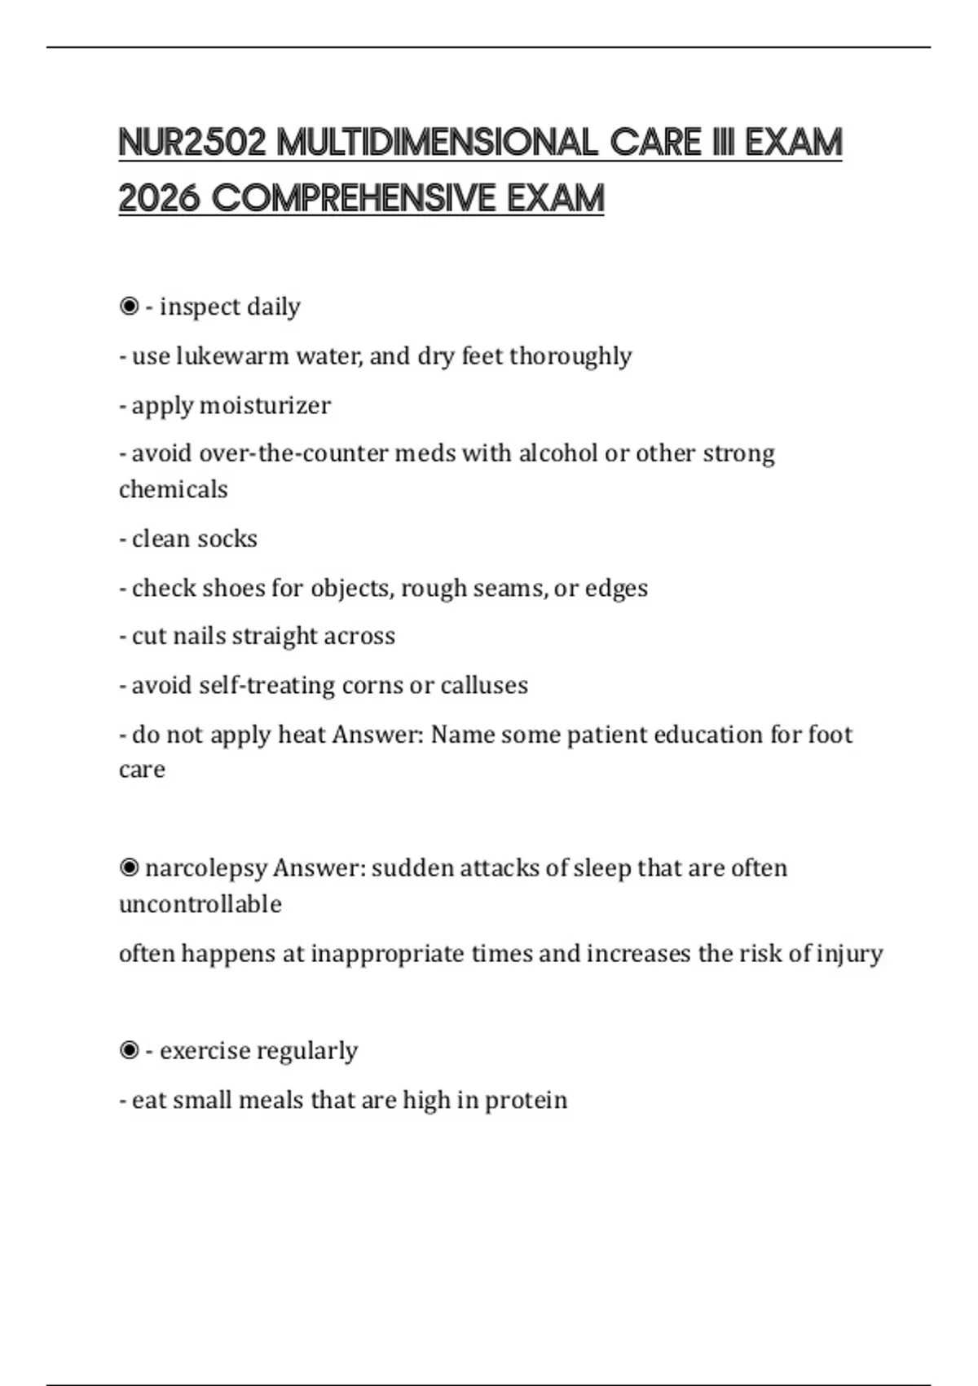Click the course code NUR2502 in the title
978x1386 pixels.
(x=192, y=143)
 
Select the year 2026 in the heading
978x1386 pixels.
(x=159, y=198)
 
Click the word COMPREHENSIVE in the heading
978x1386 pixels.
(x=355, y=198)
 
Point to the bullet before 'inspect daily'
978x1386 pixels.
(x=129, y=307)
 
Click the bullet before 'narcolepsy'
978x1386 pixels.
(x=129, y=867)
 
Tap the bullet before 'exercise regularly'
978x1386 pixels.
(x=129, y=1051)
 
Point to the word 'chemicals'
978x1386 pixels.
(x=173, y=489)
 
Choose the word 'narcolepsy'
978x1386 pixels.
(x=206, y=868)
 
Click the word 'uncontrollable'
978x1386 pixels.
(x=200, y=904)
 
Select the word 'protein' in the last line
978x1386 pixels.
(x=526, y=1101)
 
